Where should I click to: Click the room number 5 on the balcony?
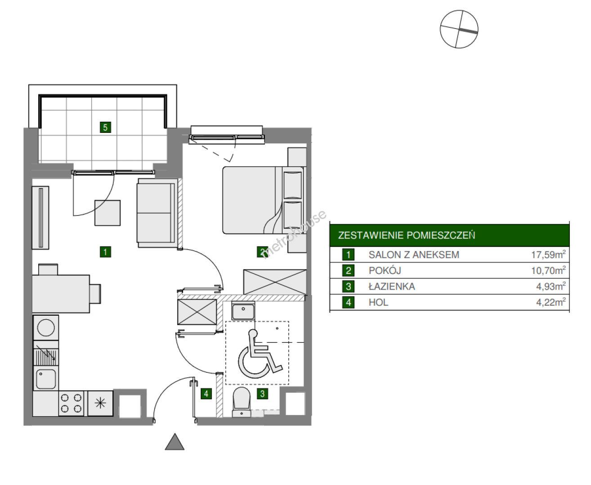click(105, 127)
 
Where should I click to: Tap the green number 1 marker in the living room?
click(105, 252)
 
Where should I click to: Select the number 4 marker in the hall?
click(206, 394)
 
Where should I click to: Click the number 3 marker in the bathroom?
click(263, 394)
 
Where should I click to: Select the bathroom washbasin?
click(243, 311)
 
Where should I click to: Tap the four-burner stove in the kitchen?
click(71, 403)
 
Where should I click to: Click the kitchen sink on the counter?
click(46, 379)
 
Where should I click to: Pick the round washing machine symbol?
click(46, 327)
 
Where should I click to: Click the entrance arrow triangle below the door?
click(175, 442)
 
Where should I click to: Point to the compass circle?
click(459, 29)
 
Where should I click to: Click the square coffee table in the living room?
click(107, 213)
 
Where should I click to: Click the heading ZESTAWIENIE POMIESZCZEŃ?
click(407, 235)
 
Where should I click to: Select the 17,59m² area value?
click(548, 254)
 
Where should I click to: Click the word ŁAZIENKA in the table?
click(392, 287)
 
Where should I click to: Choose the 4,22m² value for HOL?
click(551, 302)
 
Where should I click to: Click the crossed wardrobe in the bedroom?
click(275, 282)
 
